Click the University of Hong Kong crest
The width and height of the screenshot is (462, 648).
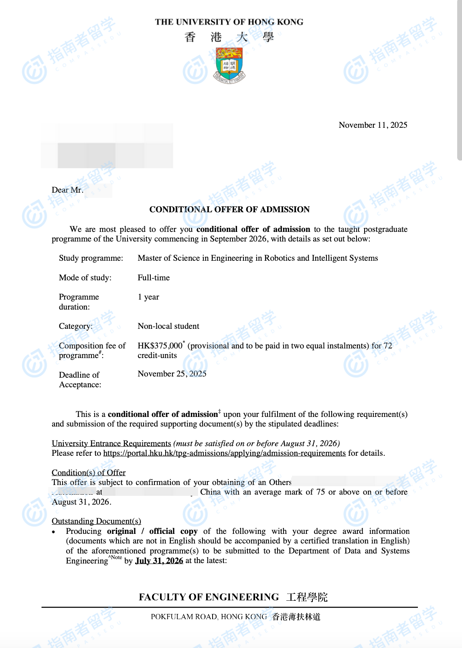pyautogui.click(x=229, y=66)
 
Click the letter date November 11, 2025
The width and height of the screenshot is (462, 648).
pyautogui.click(x=373, y=125)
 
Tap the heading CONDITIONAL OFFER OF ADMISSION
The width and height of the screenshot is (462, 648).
pyautogui.click(x=229, y=209)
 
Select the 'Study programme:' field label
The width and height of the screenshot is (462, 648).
pyautogui.click(x=91, y=258)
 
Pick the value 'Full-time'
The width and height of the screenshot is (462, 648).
pyautogui.click(x=154, y=278)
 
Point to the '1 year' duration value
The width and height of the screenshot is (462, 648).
pyautogui.click(x=148, y=297)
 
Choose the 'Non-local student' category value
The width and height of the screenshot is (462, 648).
pyautogui.click(x=168, y=326)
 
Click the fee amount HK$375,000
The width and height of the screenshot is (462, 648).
pyautogui.click(x=160, y=346)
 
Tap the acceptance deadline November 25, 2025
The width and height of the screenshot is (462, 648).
pyautogui.click(x=172, y=374)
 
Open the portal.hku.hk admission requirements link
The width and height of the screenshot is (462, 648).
pyautogui.click(x=224, y=453)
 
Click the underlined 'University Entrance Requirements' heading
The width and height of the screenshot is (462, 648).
pyautogui.click(x=111, y=443)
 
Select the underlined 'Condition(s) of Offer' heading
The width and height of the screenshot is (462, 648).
pyautogui.click(x=89, y=473)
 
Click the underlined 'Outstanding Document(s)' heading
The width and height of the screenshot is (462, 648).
pyautogui.click(x=96, y=521)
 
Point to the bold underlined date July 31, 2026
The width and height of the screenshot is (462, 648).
pyautogui.click(x=159, y=561)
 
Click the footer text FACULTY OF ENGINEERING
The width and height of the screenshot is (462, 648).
pyautogui.click(x=209, y=597)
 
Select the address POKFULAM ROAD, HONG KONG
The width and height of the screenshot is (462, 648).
pyautogui.click(x=209, y=617)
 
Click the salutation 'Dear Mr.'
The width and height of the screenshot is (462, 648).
pyautogui.click(x=68, y=190)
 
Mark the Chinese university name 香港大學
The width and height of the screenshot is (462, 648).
pyautogui.click(x=229, y=37)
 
